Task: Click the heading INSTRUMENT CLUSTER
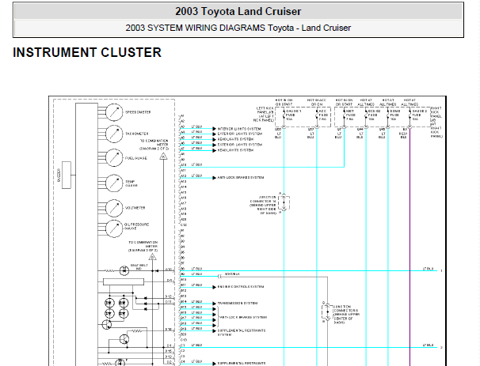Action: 87,53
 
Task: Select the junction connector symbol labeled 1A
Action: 280,202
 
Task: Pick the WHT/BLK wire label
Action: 231,274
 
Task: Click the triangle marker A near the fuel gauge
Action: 163,157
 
